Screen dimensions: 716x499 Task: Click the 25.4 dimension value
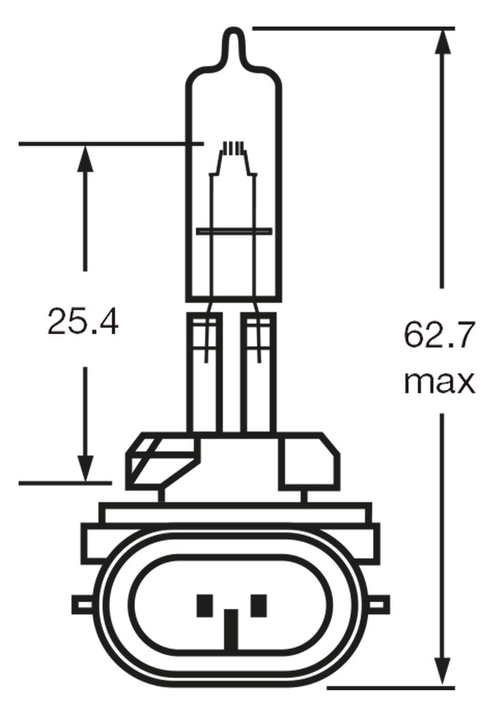click(x=82, y=322)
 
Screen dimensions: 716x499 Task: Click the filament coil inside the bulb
click(x=233, y=150)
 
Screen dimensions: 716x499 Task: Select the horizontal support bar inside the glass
click(x=234, y=232)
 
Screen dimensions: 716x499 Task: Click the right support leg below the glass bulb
click(x=259, y=372)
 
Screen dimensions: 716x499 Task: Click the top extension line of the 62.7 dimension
click(x=353, y=29)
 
